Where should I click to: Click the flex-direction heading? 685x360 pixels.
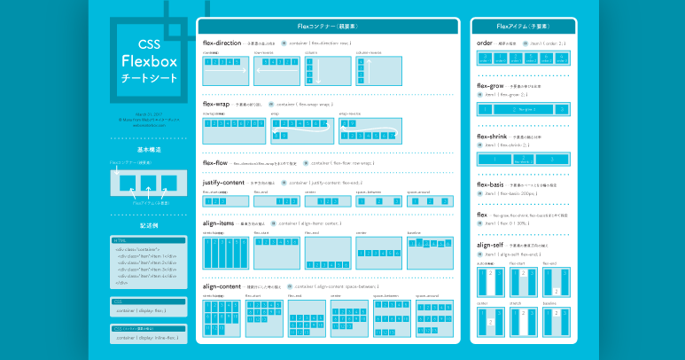tap(222, 42)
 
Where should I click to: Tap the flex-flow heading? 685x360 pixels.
tap(215, 163)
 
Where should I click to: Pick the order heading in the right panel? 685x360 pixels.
tap(485, 42)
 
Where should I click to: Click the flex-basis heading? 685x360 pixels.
tap(492, 184)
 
